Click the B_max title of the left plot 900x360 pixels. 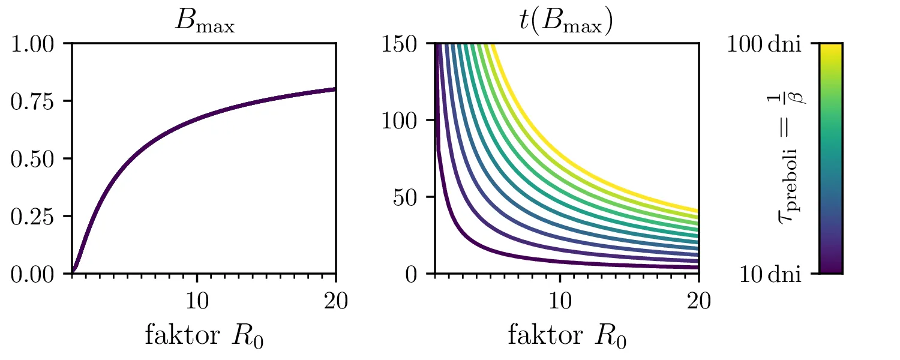(x=204, y=23)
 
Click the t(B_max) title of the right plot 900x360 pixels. (x=566, y=23)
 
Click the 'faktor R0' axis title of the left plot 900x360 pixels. (x=204, y=337)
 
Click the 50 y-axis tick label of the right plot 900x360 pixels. (x=415, y=198)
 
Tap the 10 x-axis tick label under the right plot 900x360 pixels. (x=560, y=300)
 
